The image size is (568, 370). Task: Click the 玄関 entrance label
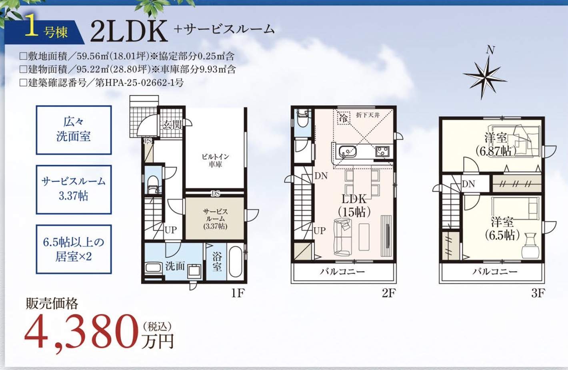point(172,125)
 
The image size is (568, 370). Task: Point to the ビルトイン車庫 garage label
point(215,160)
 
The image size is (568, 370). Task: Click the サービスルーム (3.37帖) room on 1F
point(215,219)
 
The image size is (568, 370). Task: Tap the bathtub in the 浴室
point(235,262)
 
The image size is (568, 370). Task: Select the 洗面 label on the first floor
point(175,266)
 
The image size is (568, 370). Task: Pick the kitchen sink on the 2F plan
point(347,152)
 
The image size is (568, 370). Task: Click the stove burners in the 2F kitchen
point(382,151)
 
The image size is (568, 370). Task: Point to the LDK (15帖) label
point(354,205)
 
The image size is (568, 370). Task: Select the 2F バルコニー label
point(342,272)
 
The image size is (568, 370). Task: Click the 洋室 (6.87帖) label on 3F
point(496,144)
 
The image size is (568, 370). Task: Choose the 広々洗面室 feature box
point(74,129)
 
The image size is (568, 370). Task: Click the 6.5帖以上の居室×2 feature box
point(74,249)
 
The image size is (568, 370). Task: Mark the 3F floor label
point(538,293)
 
